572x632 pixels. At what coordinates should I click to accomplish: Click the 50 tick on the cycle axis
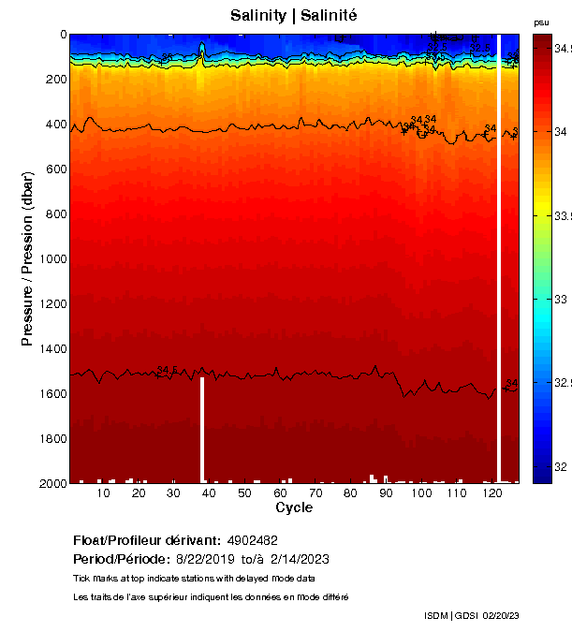(244, 482)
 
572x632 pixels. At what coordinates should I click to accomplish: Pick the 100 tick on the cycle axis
(421, 482)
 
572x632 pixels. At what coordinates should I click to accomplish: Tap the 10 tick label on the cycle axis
(103, 493)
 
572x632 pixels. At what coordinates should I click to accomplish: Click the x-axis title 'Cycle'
(294, 507)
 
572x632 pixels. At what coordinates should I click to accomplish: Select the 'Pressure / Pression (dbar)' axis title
(28, 258)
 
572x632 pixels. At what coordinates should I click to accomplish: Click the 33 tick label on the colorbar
(561, 300)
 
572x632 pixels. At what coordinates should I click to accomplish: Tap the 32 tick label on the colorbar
(561, 466)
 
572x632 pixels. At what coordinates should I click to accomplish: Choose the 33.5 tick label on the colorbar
(563, 215)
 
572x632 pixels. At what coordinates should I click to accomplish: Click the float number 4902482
(252, 540)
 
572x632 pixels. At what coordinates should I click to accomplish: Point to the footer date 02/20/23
(500, 615)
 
